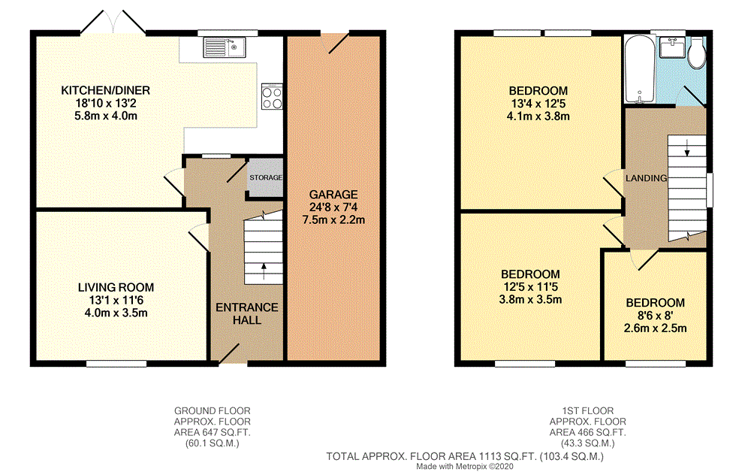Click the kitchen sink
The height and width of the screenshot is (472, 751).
point(225,49)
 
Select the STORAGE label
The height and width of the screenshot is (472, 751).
point(267,178)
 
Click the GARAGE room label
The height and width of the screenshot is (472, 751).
point(336,194)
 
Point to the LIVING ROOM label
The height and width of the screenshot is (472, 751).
point(116,287)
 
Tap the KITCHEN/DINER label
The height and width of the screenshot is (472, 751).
point(106,90)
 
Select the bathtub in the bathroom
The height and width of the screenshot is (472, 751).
point(638,70)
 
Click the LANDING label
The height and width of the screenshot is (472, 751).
point(647,178)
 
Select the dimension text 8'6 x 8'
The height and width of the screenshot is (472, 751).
point(656,316)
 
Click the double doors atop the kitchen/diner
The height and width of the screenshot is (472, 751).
point(113,23)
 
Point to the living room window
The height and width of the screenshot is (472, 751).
point(116,365)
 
